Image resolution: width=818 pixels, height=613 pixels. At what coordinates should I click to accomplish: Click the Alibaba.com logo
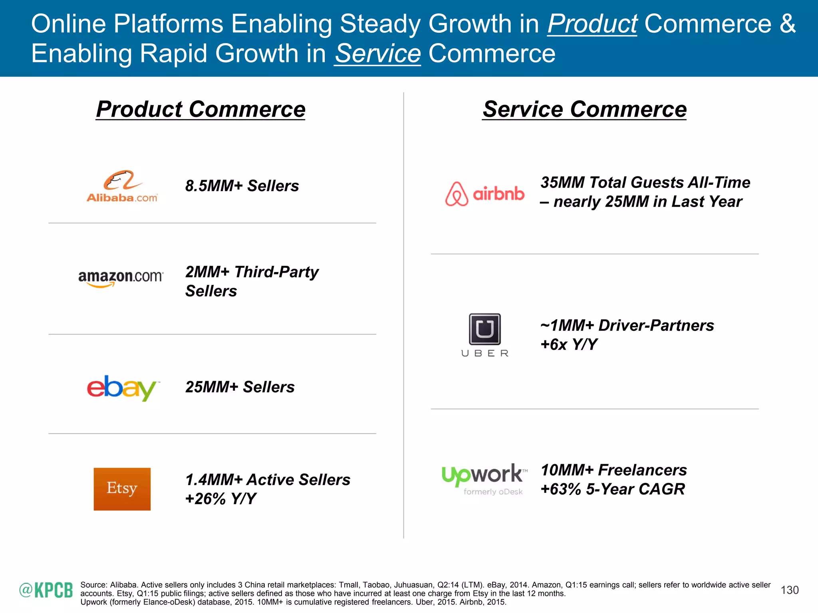click(x=122, y=186)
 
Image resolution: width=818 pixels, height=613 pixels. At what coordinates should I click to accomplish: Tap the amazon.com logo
click(x=121, y=278)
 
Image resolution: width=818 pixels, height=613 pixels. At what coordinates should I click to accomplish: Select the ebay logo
click(x=122, y=388)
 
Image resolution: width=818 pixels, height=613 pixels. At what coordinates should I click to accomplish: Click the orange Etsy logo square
click(x=122, y=489)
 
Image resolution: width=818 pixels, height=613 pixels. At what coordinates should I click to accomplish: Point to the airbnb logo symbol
click(x=457, y=194)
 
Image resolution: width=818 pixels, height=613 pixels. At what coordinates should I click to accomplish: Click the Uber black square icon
click(x=484, y=329)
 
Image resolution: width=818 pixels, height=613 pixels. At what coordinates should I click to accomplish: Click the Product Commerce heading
click(x=201, y=109)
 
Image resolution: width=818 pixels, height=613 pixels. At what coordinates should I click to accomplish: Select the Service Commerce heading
click(x=584, y=109)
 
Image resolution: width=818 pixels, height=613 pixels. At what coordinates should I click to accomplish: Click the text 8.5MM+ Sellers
click(x=242, y=186)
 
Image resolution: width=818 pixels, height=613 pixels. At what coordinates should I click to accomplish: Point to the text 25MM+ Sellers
click(x=240, y=387)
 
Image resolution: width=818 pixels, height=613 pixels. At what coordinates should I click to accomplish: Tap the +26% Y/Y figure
click(x=220, y=499)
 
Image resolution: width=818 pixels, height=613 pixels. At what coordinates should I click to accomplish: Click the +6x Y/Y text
click(x=569, y=344)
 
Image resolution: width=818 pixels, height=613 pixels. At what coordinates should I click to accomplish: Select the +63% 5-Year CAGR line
click(x=613, y=489)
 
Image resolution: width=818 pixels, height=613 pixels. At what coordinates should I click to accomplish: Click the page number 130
click(x=789, y=590)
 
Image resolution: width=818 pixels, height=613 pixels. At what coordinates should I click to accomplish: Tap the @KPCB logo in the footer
click(x=46, y=590)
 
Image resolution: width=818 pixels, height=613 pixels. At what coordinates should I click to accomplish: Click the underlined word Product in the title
click(x=592, y=24)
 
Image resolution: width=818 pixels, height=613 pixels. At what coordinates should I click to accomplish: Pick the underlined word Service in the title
click(x=377, y=53)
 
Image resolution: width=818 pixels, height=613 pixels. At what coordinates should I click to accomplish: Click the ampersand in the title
click(x=788, y=24)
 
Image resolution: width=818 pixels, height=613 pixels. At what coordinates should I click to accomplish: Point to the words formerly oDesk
click(x=493, y=492)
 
